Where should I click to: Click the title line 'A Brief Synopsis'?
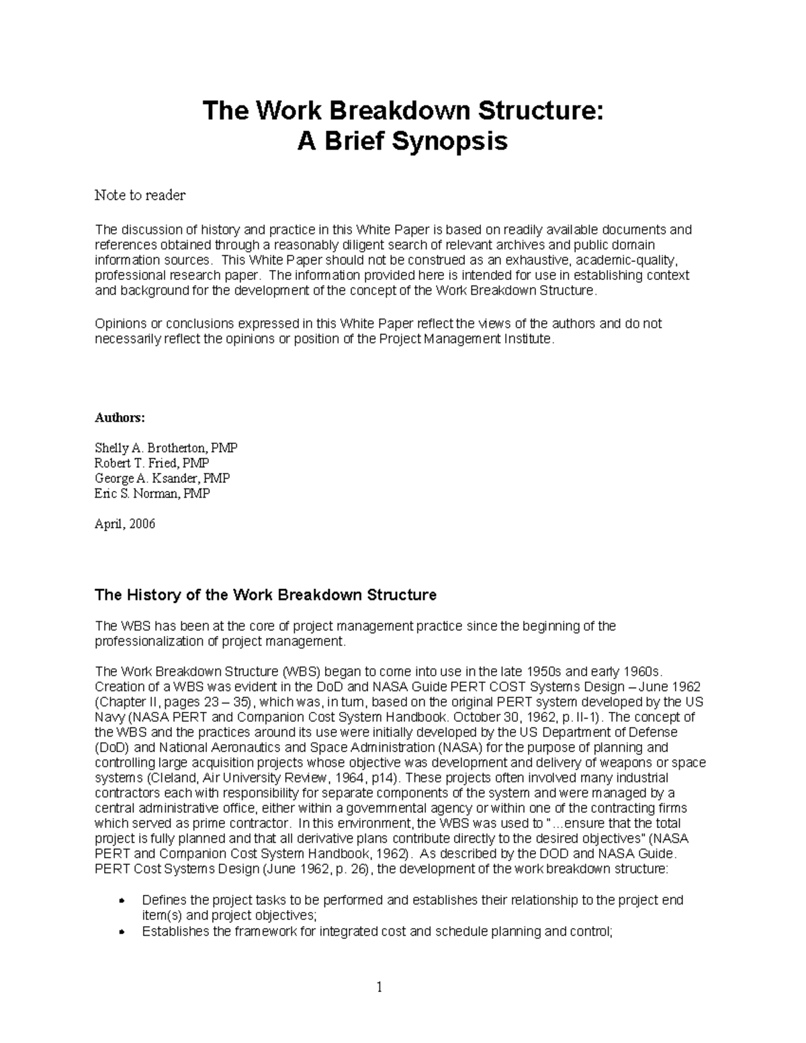point(402,142)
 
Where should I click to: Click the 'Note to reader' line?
point(140,195)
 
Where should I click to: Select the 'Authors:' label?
point(119,418)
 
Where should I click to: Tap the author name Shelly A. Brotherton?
point(166,448)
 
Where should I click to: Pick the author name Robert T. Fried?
point(152,463)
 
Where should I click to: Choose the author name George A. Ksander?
point(162,478)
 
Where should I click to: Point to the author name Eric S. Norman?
point(152,494)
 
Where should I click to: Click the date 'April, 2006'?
point(125,524)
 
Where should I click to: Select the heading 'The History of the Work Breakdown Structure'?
point(265,595)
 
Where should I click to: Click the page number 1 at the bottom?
point(379,987)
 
